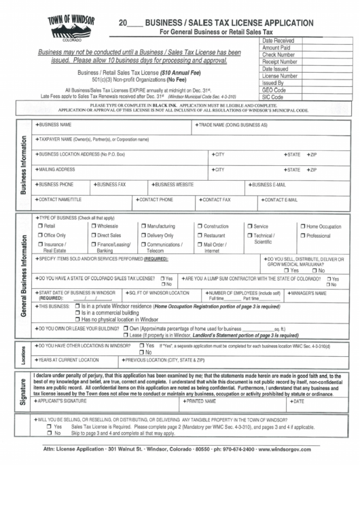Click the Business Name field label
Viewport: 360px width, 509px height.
(54, 126)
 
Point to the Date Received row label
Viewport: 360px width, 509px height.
(278, 41)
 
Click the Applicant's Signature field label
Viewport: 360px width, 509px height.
(61, 402)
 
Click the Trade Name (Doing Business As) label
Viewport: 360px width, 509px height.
(232, 126)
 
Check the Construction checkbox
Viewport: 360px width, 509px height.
(200, 226)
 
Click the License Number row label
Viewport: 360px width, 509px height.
(279, 76)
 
